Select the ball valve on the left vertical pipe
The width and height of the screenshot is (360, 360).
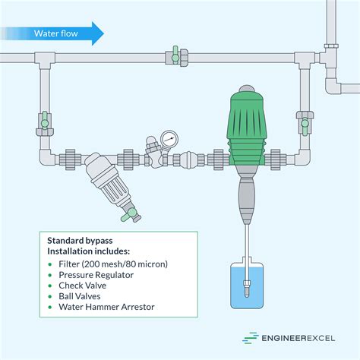pyautogui.click(x=45, y=123)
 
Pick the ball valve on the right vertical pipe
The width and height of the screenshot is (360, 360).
pyautogui.click(x=305, y=123)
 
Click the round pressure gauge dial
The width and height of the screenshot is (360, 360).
pyautogui.click(x=169, y=139)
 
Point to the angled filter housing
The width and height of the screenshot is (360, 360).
pyautogui.click(x=109, y=182)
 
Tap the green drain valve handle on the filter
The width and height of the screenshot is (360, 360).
pyautogui.click(x=129, y=215)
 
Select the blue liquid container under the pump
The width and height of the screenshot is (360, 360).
pyautogui.click(x=247, y=286)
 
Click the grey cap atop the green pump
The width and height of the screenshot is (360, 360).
pyautogui.click(x=247, y=88)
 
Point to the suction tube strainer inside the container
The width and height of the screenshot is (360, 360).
pyautogui.click(x=247, y=288)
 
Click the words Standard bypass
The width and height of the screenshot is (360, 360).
pyautogui.click(x=80, y=241)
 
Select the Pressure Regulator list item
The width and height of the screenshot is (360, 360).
pyautogui.click(x=96, y=275)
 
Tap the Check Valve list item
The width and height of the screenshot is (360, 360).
pyautogui.click(x=83, y=286)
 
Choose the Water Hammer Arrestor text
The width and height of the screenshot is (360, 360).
pyautogui.click(x=106, y=307)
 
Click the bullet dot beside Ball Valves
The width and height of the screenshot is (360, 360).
pyautogui.click(x=50, y=296)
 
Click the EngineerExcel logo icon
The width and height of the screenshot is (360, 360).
pyautogui.click(x=250, y=338)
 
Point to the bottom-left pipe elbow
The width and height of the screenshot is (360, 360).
pyautogui.click(x=47, y=157)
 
